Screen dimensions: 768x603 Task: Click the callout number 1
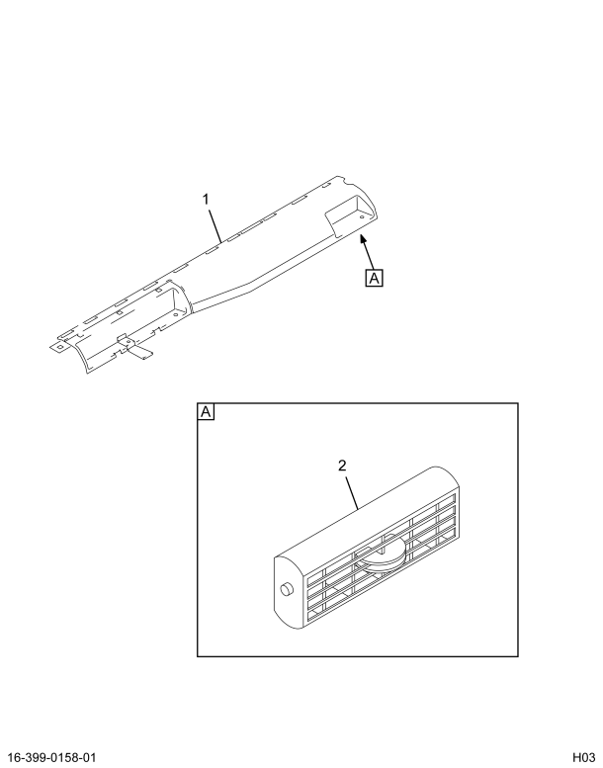[x=207, y=200]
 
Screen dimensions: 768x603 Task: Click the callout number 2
[x=343, y=466]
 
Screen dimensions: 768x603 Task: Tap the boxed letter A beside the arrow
[x=374, y=278]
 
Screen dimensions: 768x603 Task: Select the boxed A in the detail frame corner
[x=207, y=411]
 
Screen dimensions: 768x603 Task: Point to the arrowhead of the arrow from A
[x=362, y=237]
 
